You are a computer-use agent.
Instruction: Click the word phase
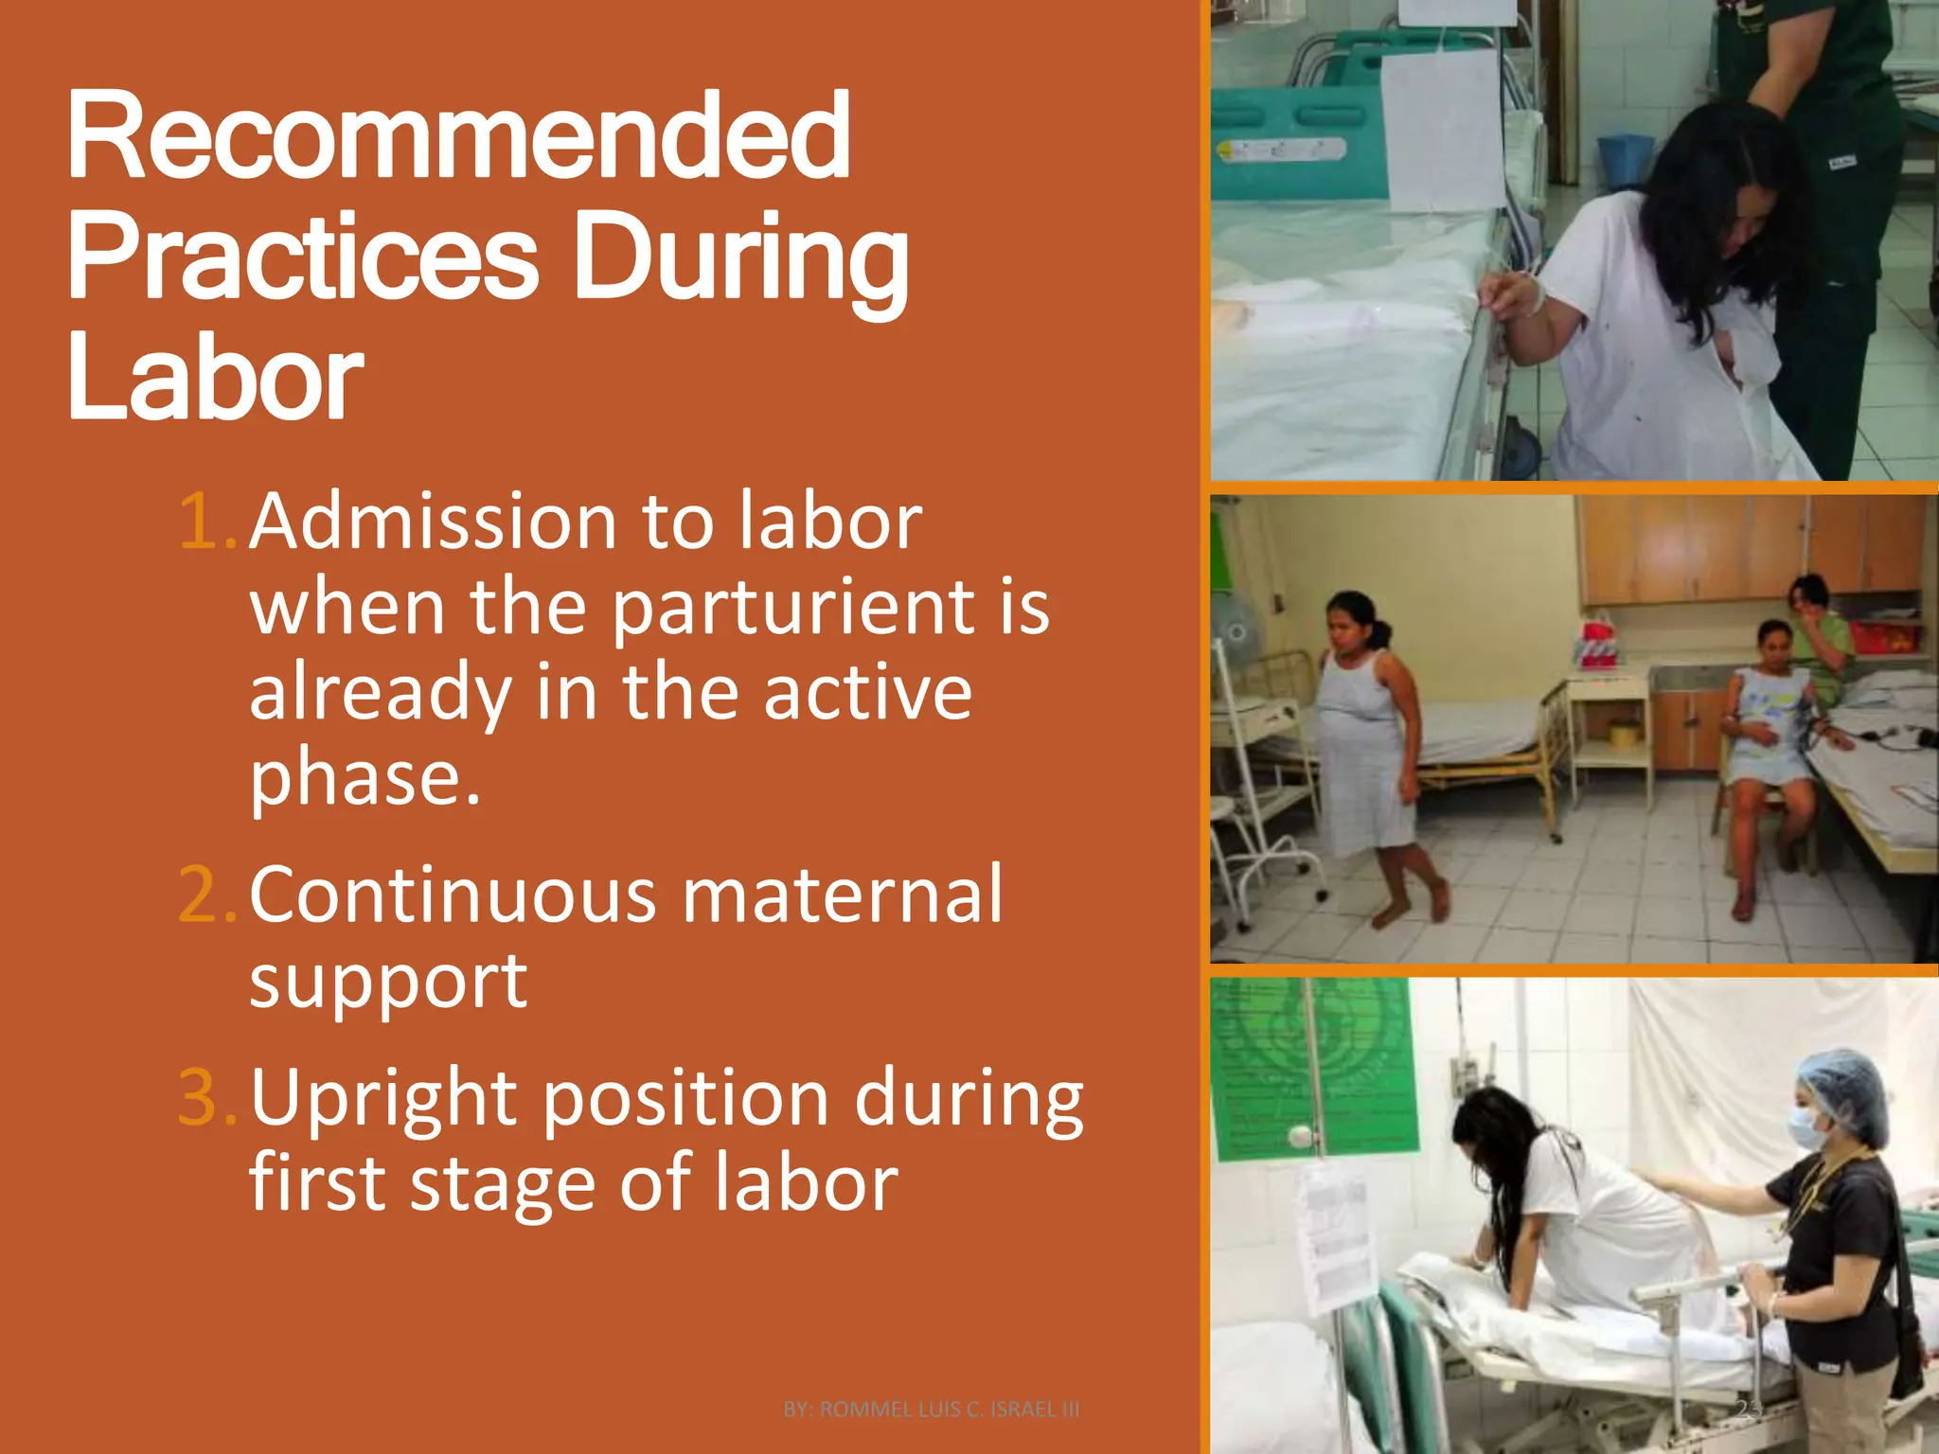365,778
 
